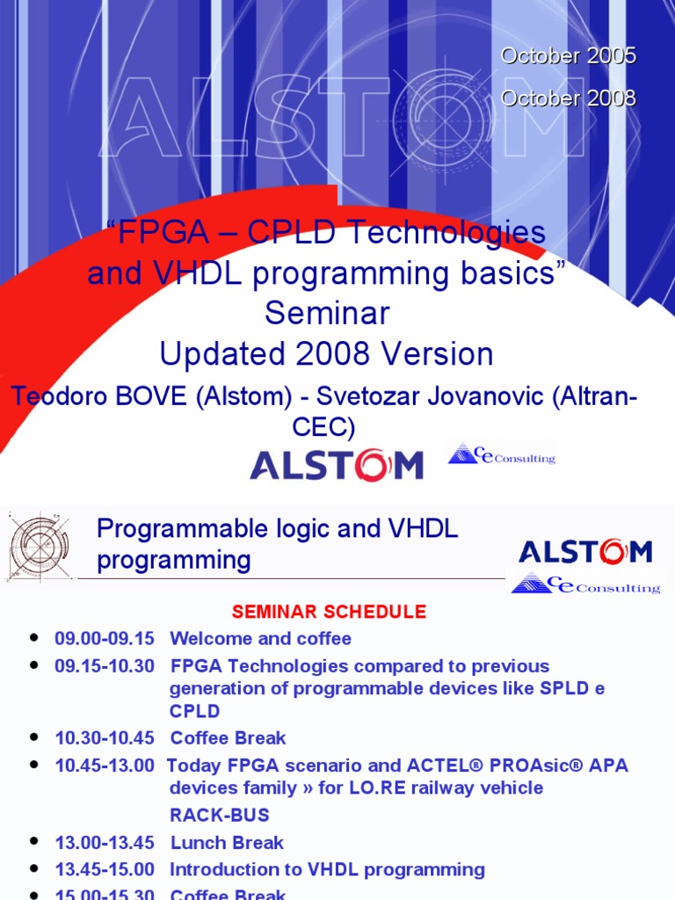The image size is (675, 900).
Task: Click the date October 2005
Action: click(x=568, y=55)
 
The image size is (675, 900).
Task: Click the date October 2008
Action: click(x=568, y=98)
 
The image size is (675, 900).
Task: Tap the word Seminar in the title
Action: click(x=327, y=313)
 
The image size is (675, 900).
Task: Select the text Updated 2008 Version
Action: click(x=326, y=354)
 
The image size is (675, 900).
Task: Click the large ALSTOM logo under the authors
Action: click(x=337, y=465)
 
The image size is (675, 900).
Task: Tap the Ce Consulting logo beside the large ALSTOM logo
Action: click(x=502, y=455)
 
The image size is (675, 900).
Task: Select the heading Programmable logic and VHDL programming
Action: click(x=277, y=544)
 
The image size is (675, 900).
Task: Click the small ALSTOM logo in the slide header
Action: click(x=585, y=552)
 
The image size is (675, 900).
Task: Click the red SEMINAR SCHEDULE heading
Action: click(x=329, y=612)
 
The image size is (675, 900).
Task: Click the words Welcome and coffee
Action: click(x=260, y=639)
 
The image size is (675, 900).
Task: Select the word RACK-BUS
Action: click(x=219, y=815)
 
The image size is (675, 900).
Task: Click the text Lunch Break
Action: click(x=227, y=843)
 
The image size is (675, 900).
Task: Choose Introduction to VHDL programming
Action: click(x=327, y=870)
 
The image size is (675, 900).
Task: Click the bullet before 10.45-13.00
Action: click(x=34, y=766)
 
